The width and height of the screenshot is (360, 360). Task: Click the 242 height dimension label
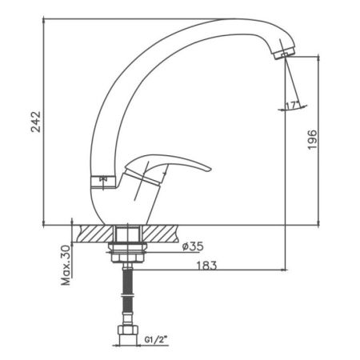(x=36, y=122)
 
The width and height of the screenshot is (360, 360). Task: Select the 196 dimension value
(x=312, y=140)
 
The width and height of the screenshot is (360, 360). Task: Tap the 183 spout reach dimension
(x=206, y=266)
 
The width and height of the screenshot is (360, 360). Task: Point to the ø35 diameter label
(x=193, y=246)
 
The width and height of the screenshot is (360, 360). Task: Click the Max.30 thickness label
(x=66, y=266)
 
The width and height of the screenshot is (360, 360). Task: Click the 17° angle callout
(x=292, y=106)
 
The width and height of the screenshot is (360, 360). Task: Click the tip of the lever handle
(x=211, y=169)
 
